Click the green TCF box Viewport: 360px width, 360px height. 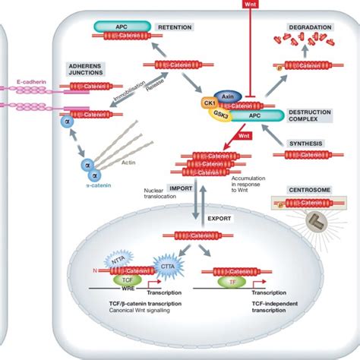pyautogui.click(x=128, y=279)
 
